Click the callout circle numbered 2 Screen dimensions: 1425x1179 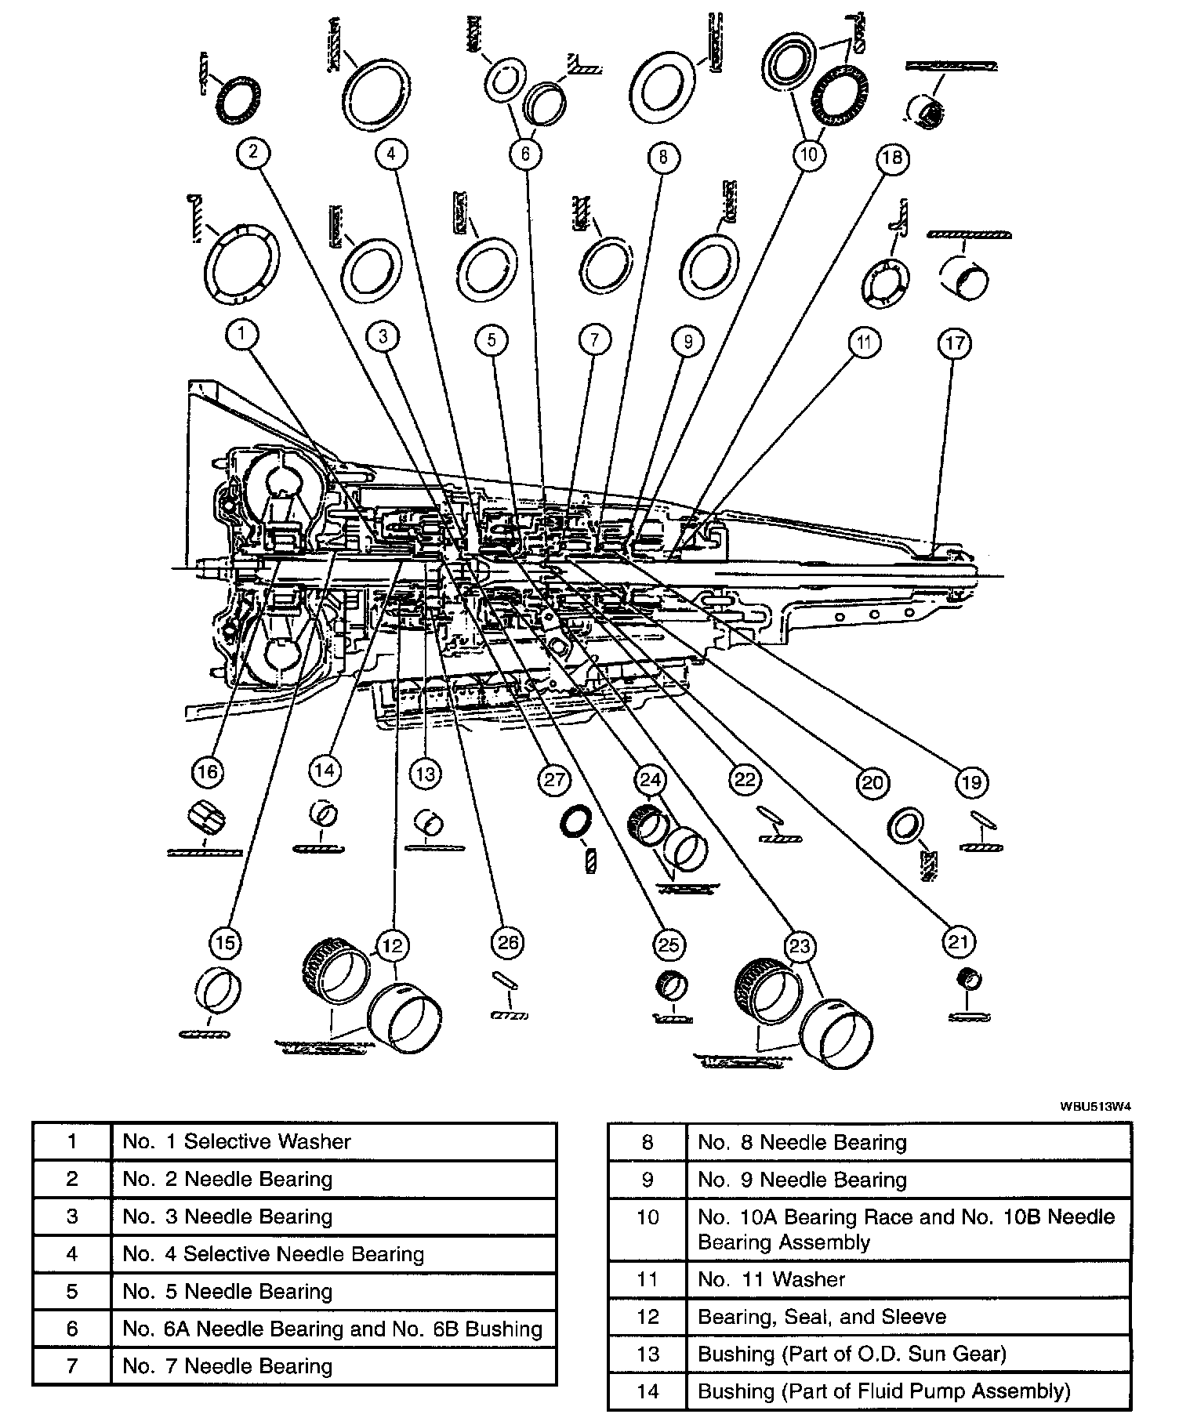click(253, 151)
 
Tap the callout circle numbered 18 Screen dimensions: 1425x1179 click(892, 158)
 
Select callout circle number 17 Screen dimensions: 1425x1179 click(956, 343)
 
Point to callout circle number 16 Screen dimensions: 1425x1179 click(207, 772)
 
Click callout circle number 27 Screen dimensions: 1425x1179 click(555, 779)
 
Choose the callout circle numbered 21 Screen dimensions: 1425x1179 click(959, 942)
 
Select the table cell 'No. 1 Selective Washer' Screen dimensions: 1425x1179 click(333, 1141)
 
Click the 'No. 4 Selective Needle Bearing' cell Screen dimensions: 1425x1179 click(333, 1254)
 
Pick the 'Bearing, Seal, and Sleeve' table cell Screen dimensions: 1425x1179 click(908, 1317)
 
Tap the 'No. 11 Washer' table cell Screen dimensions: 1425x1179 click(908, 1279)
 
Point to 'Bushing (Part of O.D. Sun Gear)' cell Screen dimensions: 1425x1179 click(908, 1354)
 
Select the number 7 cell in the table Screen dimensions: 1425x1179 click(72, 1366)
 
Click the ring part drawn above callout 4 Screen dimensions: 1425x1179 click(376, 94)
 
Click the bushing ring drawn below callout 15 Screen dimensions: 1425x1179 click(219, 992)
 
